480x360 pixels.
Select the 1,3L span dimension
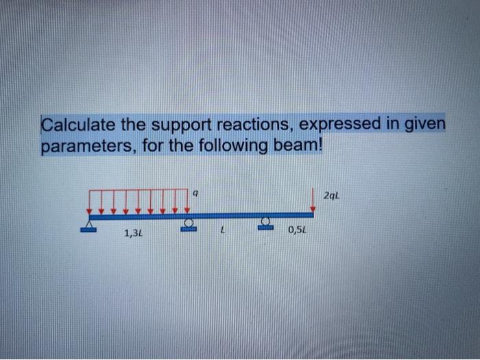[x=133, y=234]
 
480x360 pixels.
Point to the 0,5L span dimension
[x=297, y=231]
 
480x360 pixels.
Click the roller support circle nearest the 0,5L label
[x=266, y=221]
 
